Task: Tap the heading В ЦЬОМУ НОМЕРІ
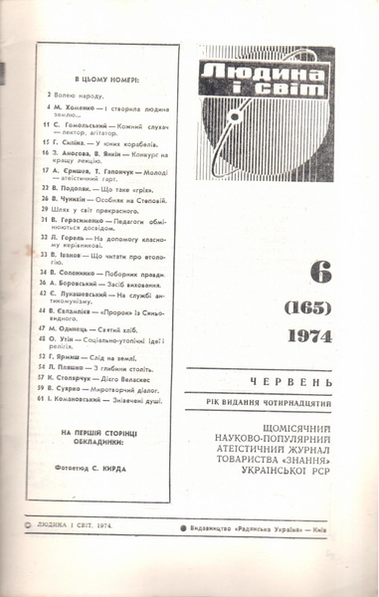pos(106,79)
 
